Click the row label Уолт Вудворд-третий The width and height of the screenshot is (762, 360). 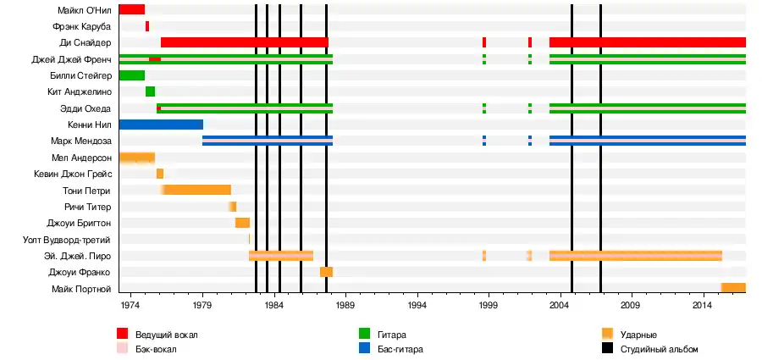[x=68, y=240]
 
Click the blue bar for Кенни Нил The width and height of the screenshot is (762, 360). [x=161, y=125]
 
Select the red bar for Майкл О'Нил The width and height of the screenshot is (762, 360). [x=131, y=10]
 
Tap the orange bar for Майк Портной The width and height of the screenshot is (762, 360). [x=733, y=288]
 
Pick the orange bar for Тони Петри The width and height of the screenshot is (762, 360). [x=197, y=190]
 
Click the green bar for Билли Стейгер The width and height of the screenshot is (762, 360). [x=131, y=75]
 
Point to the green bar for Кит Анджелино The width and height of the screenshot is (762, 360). [x=150, y=91]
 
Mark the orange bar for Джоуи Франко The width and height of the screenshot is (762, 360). [x=326, y=272]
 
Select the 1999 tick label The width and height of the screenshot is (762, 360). [x=489, y=304]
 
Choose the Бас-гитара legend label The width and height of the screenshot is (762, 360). [x=399, y=349]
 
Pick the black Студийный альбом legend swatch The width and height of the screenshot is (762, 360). [x=607, y=349]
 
